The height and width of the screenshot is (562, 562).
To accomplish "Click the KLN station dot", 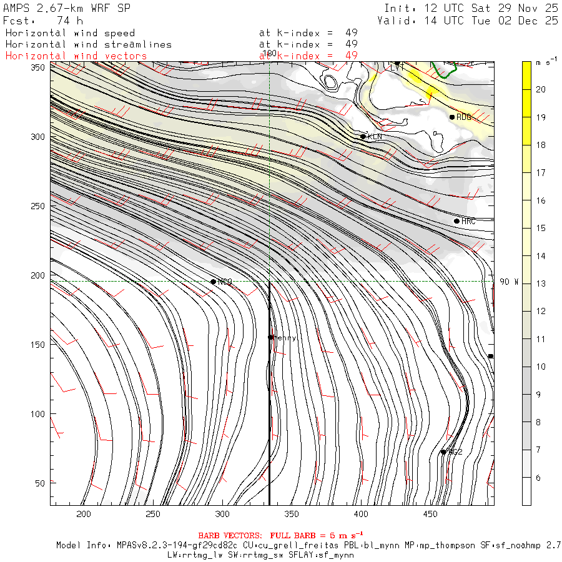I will click(x=363, y=136).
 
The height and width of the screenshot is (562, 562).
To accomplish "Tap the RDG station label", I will click(x=463, y=117).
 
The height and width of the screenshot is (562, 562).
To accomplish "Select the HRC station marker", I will click(x=456, y=221).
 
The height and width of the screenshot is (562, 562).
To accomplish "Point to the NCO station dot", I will click(x=214, y=282).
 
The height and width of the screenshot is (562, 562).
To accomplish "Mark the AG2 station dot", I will click(x=443, y=452).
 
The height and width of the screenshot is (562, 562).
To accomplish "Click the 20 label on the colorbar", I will click(x=541, y=89).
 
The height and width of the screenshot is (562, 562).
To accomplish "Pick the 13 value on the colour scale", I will click(x=541, y=283).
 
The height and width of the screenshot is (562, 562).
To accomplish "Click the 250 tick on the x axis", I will click(x=153, y=514).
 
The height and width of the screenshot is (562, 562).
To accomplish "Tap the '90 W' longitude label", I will click(x=509, y=282).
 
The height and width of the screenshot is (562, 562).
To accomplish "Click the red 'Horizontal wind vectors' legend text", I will click(x=76, y=56).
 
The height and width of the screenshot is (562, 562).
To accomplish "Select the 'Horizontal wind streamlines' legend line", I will click(x=88, y=44).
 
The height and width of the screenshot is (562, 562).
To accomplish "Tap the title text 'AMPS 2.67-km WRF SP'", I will click(x=67, y=7).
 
